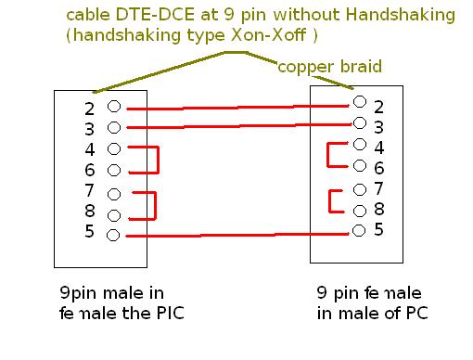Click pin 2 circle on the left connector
pyautogui.click(x=114, y=107)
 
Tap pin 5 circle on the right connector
pyautogui.click(x=359, y=231)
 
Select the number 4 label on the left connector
pyautogui.click(x=90, y=149)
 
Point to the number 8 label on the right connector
pyautogui.click(x=379, y=209)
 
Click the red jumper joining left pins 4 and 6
pyautogui.click(x=158, y=160)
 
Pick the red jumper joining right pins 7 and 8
pyautogui.click(x=330, y=201)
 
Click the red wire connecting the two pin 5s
pyautogui.click(x=237, y=235)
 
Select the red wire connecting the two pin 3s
pyautogui.click(x=239, y=126)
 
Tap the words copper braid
pyautogui.click(x=330, y=67)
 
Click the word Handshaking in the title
pyautogui.click(x=401, y=15)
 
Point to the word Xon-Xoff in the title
pyautogui.click(x=269, y=34)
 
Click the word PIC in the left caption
pyautogui.click(x=171, y=314)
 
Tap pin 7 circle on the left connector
pyautogui.click(x=114, y=195)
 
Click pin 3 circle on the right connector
pyautogui.click(x=360, y=123)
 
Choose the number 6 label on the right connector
pyautogui.click(x=379, y=168)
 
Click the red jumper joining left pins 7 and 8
pyautogui.click(x=155, y=206)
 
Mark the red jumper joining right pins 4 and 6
pyautogui.click(x=328, y=155)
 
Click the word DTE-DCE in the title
pyautogui.click(x=155, y=15)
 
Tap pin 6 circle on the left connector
pyautogui.click(x=114, y=170)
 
